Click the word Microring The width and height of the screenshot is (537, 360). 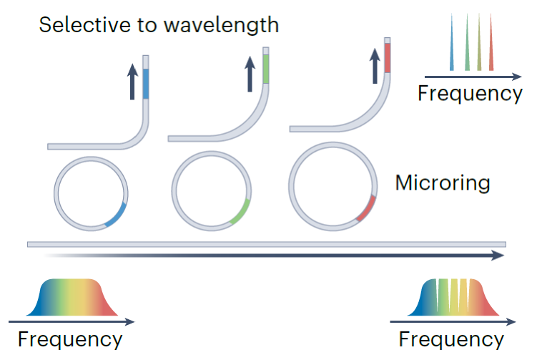443,183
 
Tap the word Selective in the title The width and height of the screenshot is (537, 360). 84,24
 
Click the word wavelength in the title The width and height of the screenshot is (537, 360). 221,24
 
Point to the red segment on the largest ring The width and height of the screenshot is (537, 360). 367,209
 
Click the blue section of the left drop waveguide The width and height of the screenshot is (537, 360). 146,84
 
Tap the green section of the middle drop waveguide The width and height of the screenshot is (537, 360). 266,69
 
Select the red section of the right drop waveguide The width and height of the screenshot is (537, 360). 388,57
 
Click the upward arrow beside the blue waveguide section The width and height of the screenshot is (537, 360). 132,82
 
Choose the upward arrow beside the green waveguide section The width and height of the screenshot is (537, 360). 250,74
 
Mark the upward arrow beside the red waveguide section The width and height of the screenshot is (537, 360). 375,66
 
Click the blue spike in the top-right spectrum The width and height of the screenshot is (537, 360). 452,42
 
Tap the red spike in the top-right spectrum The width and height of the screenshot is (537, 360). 491,42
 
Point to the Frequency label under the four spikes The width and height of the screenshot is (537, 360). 470,93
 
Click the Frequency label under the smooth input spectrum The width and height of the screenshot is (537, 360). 70,339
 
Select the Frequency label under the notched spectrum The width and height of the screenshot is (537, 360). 451,339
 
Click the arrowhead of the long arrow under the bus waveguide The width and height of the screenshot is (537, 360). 498,256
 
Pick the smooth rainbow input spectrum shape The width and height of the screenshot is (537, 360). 72,297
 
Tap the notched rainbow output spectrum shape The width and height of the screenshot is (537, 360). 453,297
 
